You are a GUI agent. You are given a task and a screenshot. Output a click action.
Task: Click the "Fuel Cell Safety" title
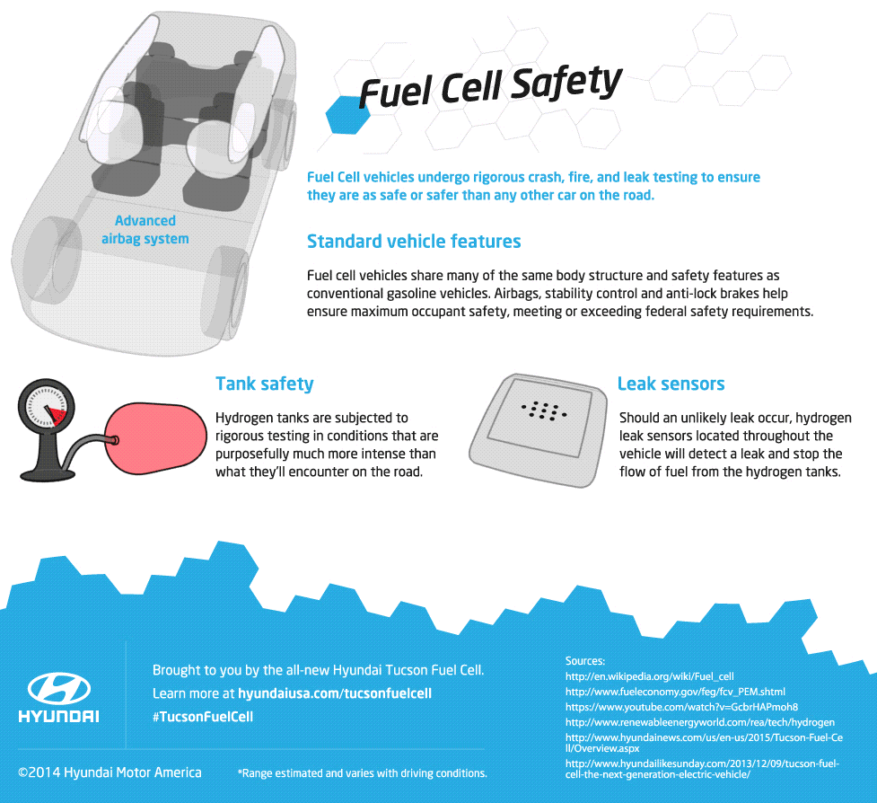(x=490, y=87)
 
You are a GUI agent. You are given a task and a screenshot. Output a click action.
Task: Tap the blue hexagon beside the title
(x=346, y=113)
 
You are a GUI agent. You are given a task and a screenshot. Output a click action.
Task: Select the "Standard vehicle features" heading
(x=414, y=242)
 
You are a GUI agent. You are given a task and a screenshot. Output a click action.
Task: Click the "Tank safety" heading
(x=265, y=384)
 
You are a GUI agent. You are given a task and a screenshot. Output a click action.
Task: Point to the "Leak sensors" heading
(x=671, y=384)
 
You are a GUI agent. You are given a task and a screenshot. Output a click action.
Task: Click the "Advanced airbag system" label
(x=145, y=229)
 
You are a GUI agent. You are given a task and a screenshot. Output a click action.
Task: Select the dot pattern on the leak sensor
(x=543, y=410)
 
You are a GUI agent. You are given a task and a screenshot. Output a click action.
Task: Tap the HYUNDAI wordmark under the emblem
(x=59, y=717)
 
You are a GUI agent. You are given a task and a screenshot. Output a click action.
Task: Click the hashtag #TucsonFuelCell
(x=203, y=717)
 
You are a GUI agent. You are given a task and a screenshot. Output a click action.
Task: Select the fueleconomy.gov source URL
(x=675, y=692)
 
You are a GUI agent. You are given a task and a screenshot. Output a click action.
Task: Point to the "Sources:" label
(x=585, y=660)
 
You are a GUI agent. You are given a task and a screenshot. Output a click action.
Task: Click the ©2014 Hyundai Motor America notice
(x=110, y=772)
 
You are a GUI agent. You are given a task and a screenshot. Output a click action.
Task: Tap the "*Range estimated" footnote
(x=362, y=773)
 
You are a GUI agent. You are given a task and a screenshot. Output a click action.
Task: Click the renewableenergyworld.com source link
(x=700, y=721)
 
